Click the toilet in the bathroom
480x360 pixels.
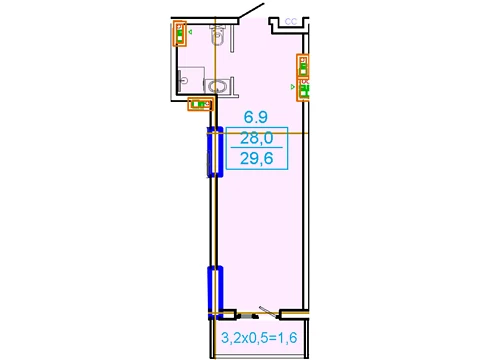click(218, 35)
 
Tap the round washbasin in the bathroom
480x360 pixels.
click(217, 87)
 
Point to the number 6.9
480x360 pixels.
click(256, 117)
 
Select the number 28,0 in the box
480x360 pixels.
click(257, 138)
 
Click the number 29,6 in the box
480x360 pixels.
click(257, 158)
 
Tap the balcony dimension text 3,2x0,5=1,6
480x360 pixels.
click(259, 338)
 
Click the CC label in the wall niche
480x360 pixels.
click(291, 22)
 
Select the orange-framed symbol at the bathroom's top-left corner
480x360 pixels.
click(180, 33)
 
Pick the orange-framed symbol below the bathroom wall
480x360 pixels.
click(200, 104)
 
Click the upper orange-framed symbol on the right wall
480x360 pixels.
click(303, 66)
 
